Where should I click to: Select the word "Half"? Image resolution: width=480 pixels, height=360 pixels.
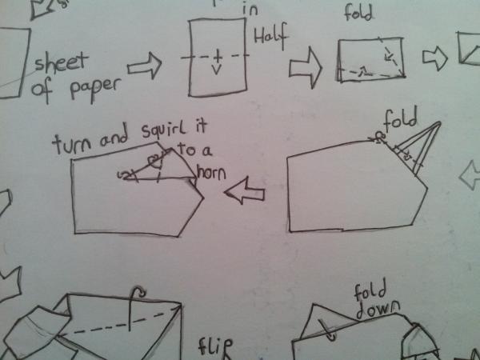[270, 34]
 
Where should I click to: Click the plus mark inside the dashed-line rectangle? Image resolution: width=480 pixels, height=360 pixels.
[216, 58]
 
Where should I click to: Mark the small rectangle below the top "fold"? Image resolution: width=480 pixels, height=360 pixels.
[370, 60]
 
